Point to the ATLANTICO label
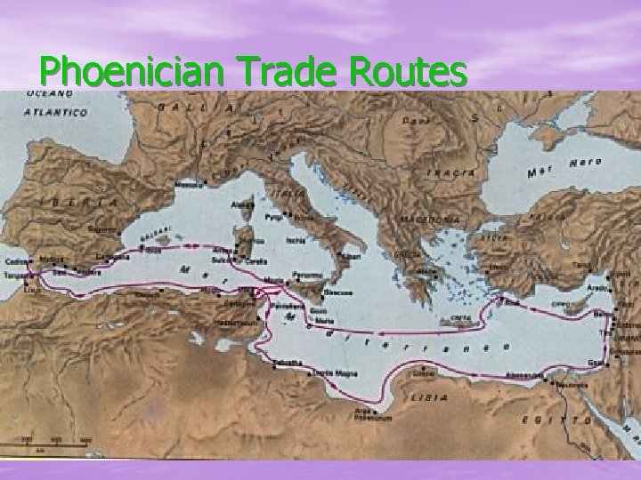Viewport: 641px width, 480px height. tap(56, 113)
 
